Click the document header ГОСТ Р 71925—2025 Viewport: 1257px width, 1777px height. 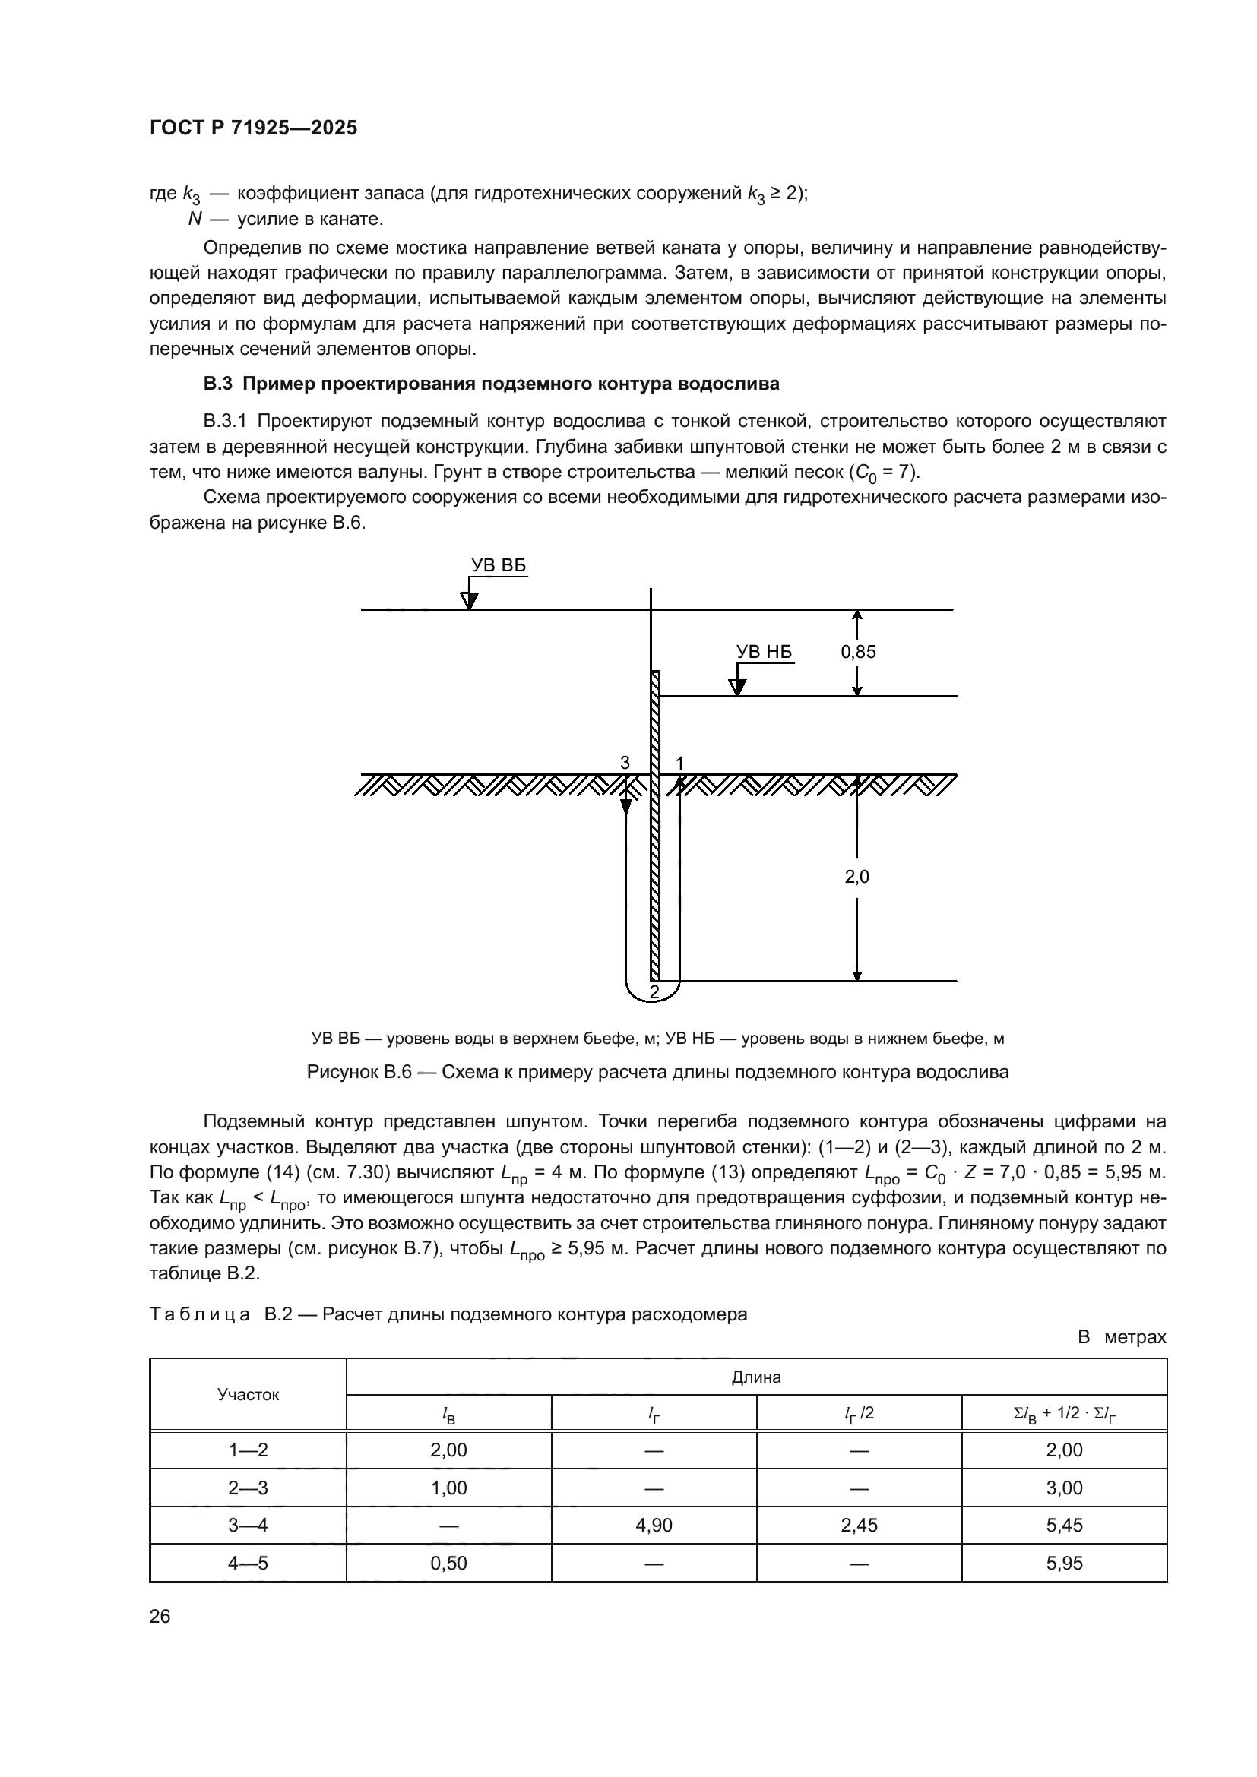click(x=253, y=128)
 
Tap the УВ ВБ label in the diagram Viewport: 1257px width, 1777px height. click(x=499, y=566)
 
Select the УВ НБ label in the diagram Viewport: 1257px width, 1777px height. click(x=764, y=652)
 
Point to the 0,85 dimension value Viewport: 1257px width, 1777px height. click(x=858, y=652)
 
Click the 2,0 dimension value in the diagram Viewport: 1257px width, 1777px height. click(x=856, y=877)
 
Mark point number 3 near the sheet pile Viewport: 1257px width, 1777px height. click(x=625, y=762)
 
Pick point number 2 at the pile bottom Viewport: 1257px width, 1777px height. click(x=654, y=991)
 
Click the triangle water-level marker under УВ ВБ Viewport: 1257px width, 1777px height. click(x=469, y=601)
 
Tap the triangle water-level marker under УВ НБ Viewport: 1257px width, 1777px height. click(x=738, y=687)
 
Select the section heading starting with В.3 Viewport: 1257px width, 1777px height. click(x=491, y=384)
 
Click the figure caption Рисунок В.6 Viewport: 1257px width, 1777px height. click(x=658, y=1072)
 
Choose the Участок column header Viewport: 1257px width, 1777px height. click(x=248, y=1395)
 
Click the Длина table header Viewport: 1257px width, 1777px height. click(x=756, y=1377)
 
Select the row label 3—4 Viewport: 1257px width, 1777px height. click(x=248, y=1525)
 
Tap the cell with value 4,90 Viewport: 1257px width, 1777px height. click(x=654, y=1525)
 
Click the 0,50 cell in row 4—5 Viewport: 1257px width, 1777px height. click(x=448, y=1563)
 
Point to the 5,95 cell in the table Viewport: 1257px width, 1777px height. click(x=1064, y=1563)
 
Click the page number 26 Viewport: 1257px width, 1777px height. click(x=160, y=1617)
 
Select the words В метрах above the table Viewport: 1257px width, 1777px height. click(x=1122, y=1337)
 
